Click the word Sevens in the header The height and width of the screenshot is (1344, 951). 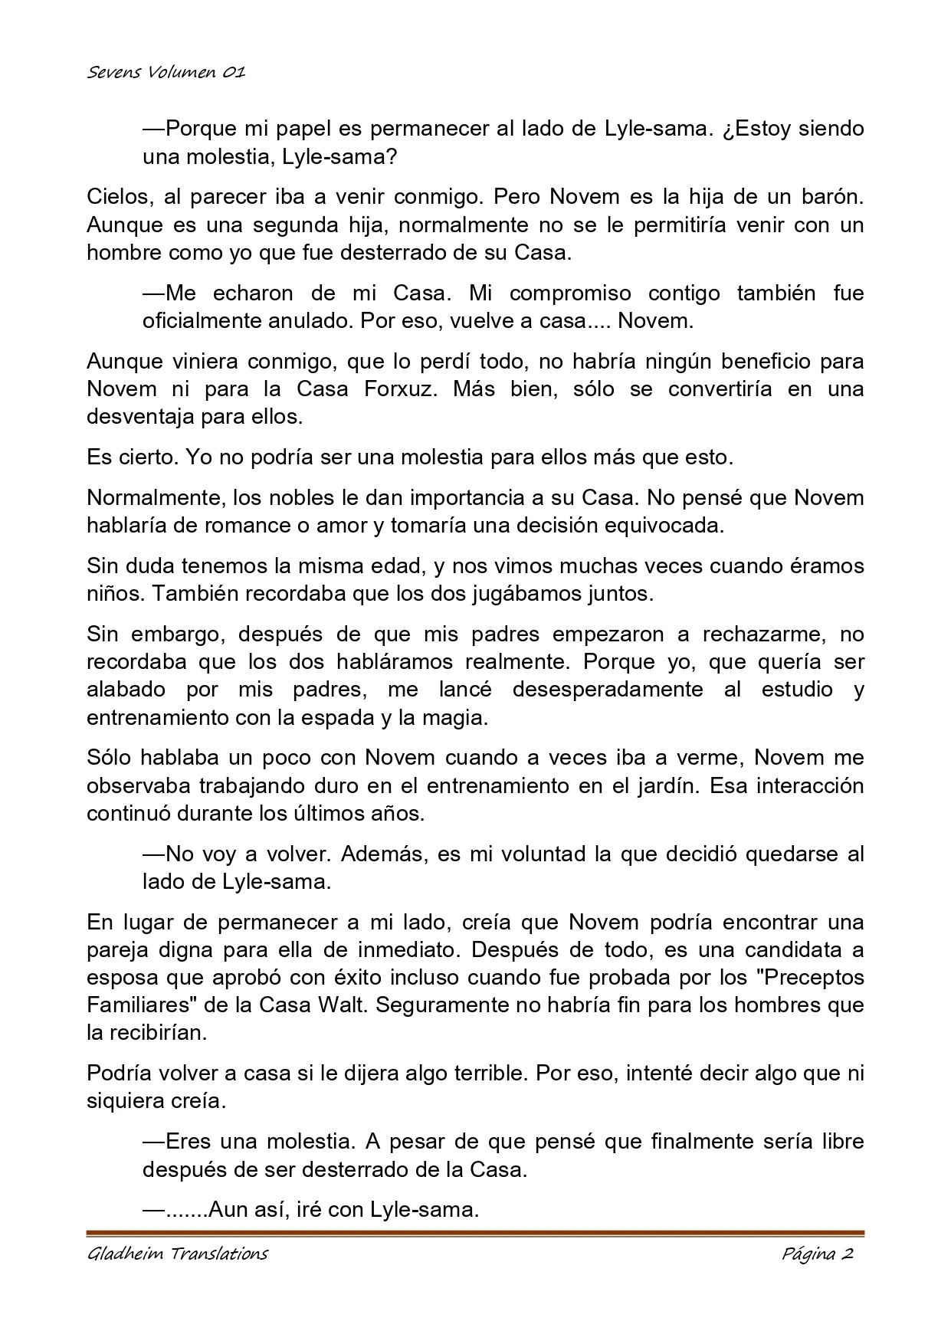[112, 73]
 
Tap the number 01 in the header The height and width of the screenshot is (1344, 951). [234, 73]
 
